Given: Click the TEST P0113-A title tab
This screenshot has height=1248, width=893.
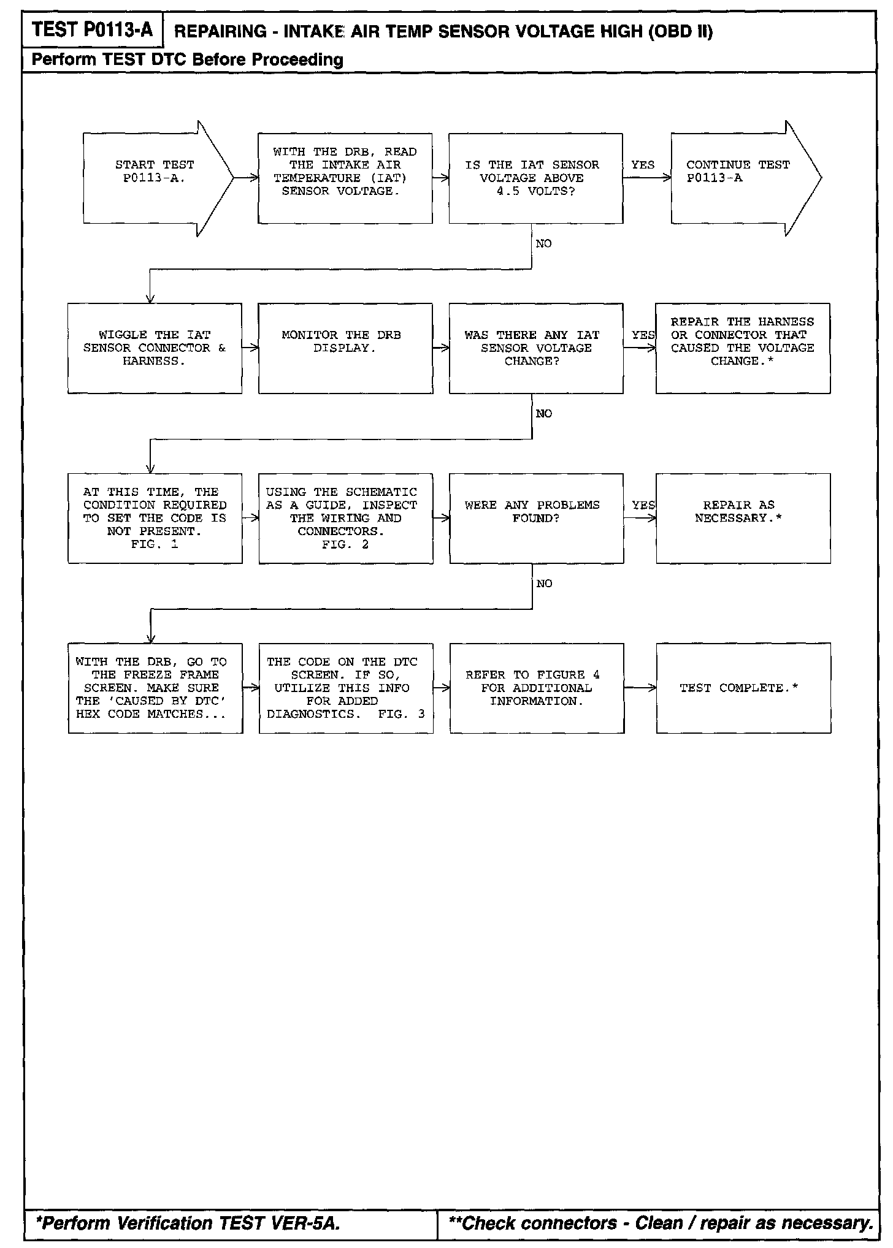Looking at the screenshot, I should point(93,29).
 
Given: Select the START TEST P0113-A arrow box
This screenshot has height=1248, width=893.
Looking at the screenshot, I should point(155,178).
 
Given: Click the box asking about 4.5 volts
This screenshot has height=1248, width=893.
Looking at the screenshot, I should point(535,178).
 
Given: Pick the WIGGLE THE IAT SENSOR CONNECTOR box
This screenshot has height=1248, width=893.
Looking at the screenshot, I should point(155,348).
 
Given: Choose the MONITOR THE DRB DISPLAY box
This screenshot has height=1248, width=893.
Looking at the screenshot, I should point(345,348).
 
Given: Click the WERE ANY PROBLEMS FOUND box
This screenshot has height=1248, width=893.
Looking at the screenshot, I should point(536,518).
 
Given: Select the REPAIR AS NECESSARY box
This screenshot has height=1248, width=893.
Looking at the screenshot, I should point(743,518).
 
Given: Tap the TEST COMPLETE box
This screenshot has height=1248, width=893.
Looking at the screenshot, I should point(743,688).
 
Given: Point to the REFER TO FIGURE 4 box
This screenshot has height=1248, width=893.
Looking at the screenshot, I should point(537,688).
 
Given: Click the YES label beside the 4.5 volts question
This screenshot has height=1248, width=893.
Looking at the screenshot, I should point(643,165).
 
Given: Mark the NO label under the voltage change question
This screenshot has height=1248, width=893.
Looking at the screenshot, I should point(544,414).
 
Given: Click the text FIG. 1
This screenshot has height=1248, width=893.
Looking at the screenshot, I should point(155,544).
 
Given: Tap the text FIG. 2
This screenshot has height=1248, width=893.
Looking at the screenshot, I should point(345,544).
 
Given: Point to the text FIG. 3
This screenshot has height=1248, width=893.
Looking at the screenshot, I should point(401,714).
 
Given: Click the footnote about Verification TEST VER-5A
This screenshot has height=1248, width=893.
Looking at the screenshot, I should point(188,1223).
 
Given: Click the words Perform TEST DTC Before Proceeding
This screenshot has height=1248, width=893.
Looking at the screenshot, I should point(187,59).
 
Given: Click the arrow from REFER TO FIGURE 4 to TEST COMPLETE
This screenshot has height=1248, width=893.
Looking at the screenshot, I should point(640,688).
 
